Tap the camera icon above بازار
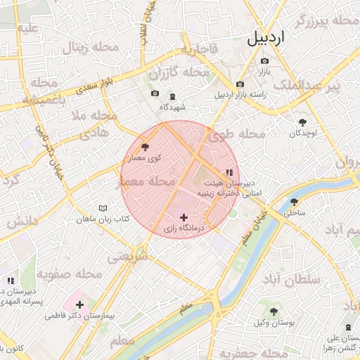pos(264,60)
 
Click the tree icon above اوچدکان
pos(302,122)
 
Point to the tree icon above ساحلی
pos(292,200)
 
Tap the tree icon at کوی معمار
pos(146,147)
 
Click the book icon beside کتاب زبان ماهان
pos(103,209)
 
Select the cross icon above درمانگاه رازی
pos(184,217)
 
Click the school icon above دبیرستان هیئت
pos(229,172)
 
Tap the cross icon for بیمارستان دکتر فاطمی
pos(79,305)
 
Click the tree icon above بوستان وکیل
pos(274,311)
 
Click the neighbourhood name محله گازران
pos(179,73)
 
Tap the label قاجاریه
pos(199,50)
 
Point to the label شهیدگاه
pos(172,107)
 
